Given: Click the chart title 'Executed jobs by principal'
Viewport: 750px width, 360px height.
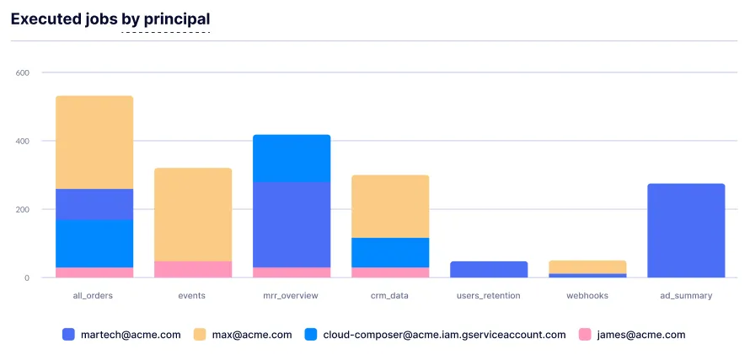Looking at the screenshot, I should point(110,19).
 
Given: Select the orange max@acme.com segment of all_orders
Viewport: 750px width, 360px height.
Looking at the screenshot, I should point(94,142).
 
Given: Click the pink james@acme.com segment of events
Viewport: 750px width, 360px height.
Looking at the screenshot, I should point(193,269).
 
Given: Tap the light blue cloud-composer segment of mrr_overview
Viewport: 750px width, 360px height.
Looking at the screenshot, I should point(292,159).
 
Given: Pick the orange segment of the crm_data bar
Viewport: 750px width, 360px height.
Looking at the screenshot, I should point(390,206).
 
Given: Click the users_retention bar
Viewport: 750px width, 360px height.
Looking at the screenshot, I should point(489,269).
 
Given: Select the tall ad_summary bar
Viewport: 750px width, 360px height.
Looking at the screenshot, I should point(686,230).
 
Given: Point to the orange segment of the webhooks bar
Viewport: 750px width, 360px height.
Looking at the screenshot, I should point(587,266).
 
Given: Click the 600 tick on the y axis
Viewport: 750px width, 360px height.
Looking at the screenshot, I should point(23,73).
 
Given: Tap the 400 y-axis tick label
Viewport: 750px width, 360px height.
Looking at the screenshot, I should point(23,141).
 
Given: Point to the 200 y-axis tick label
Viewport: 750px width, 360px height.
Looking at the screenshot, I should point(23,209).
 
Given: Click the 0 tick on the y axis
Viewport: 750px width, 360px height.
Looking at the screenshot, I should point(27,277).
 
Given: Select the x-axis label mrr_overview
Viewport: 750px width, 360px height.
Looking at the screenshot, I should point(292,296).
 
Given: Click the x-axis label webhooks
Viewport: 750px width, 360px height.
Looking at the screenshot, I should point(587,296).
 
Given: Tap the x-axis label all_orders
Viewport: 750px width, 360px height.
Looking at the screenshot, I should point(94,296).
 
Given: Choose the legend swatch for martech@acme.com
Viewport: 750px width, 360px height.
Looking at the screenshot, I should point(69,335).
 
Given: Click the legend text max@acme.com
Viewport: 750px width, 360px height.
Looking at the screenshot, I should point(253,335).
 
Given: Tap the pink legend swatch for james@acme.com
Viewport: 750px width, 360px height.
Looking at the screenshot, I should point(585,335).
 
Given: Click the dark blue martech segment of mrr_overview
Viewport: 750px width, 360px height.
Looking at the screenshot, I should point(292,224).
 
